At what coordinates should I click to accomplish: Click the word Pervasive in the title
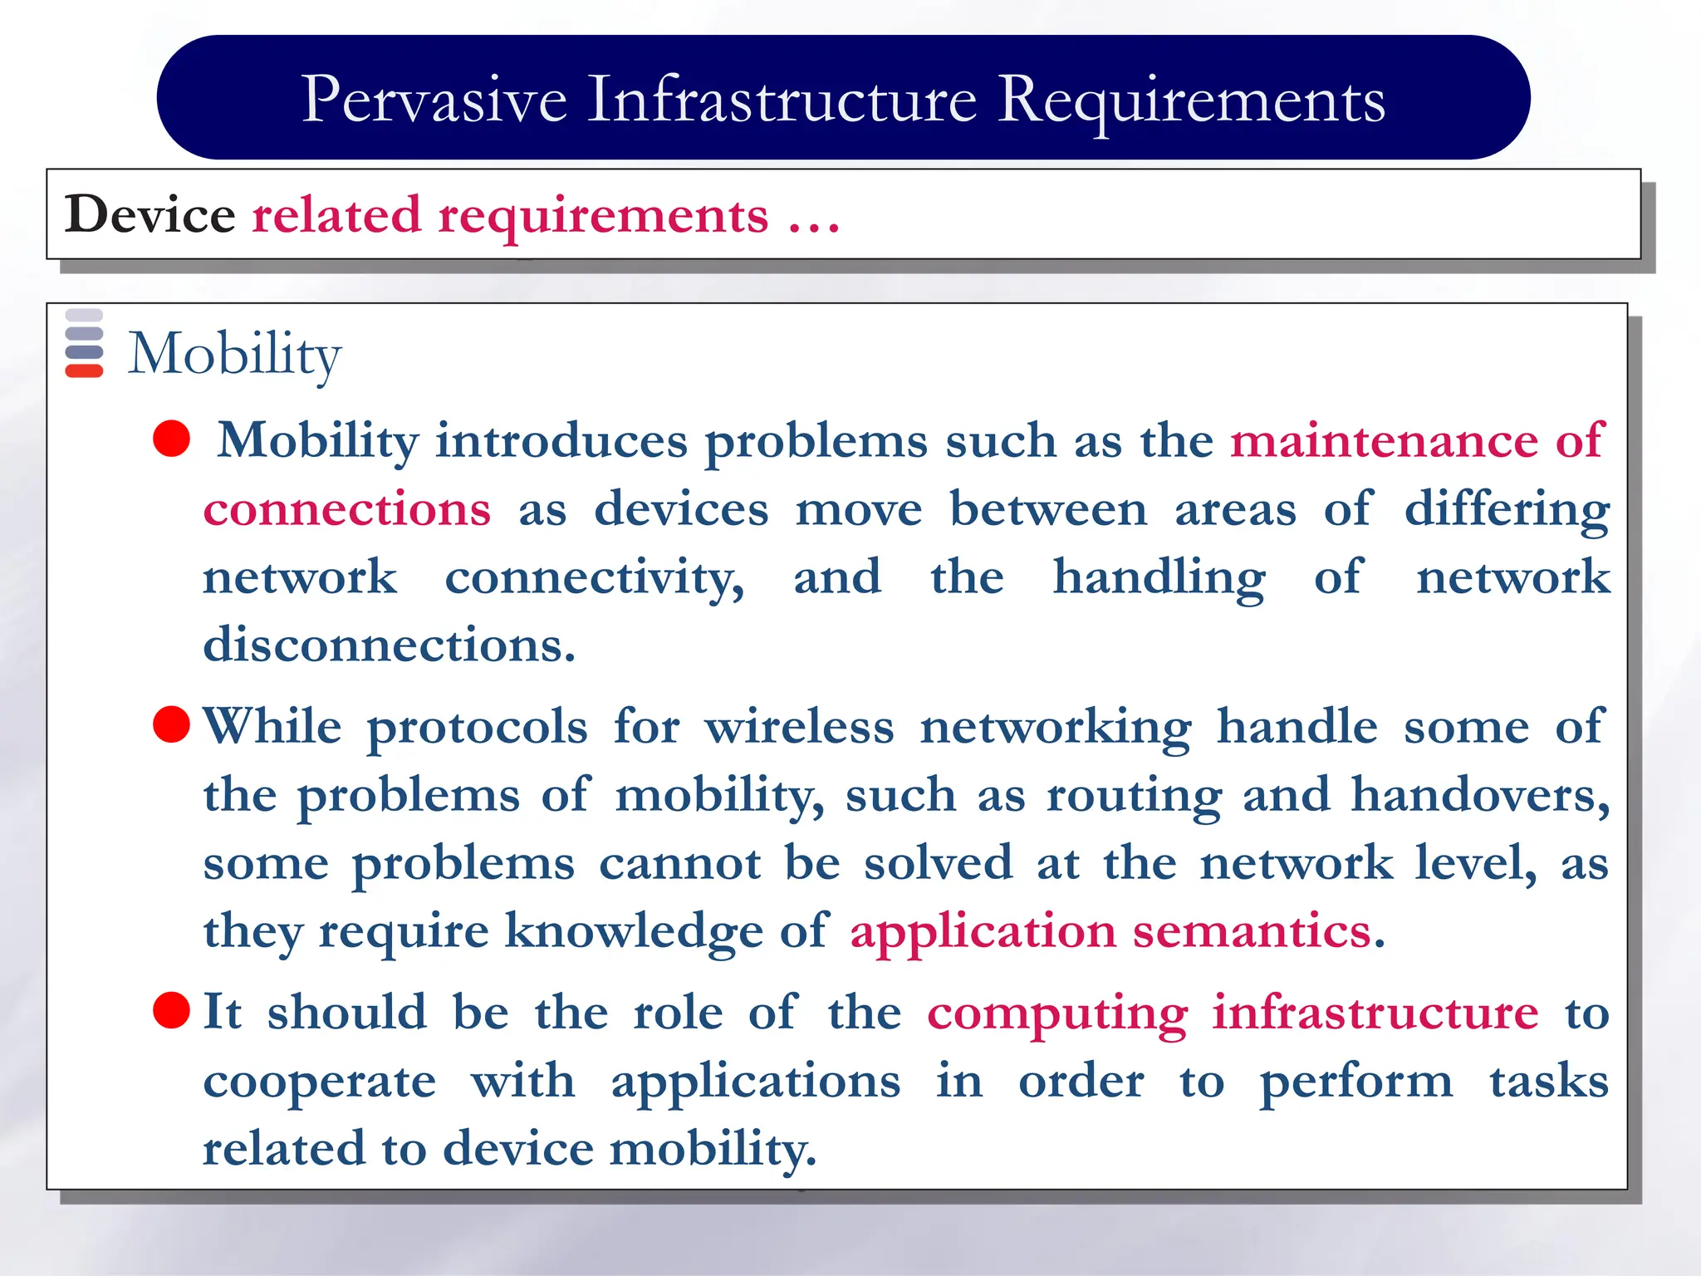[434, 100]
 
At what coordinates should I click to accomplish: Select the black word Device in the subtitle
[150, 215]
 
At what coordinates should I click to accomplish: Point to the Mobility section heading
[234, 354]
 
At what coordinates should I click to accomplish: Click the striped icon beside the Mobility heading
[84, 343]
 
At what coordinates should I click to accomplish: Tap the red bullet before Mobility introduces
[172, 439]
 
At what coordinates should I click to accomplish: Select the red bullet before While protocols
[172, 724]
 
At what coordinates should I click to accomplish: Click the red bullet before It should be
[172, 1010]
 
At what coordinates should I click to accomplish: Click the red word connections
[347, 508]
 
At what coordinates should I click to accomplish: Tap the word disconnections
[389, 645]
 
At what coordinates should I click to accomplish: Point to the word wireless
[799, 726]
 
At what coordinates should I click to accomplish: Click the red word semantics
[1252, 931]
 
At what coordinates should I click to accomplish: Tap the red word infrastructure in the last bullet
[1375, 1012]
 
